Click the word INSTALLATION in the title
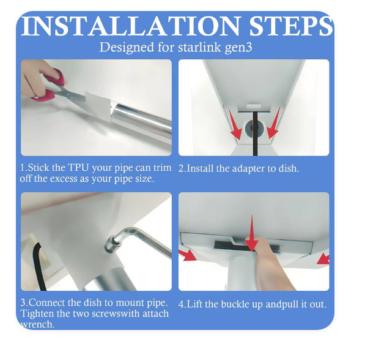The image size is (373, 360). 131,26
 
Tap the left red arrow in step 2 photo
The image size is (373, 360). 235,124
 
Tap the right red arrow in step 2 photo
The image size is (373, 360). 273,123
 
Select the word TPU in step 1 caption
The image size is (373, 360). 78,168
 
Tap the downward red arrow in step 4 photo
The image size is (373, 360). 251,233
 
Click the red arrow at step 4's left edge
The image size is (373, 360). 187,255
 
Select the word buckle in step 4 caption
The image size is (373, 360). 235,304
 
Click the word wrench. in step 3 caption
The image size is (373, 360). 37,324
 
